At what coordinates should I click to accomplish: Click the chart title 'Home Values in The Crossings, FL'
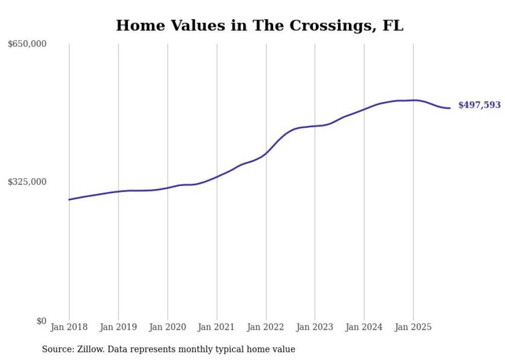tap(260, 25)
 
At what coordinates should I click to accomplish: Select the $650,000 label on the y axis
tap(27, 44)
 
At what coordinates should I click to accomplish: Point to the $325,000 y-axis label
tap(27, 182)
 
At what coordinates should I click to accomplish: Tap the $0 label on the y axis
tap(41, 321)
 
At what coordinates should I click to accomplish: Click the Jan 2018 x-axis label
tap(69, 327)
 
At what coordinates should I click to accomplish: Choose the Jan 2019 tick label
tap(119, 327)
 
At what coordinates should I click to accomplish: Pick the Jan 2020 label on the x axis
tap(167, 327)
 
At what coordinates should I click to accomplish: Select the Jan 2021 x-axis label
tap(217, 327)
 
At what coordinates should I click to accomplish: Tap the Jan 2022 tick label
tap(266, 327)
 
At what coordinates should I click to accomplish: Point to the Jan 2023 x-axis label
tap(315, 327)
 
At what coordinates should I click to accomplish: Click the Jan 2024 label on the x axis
tap(364, 327)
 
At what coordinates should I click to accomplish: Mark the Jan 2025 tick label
tap(413, 327)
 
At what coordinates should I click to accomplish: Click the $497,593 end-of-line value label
tap(479, 106)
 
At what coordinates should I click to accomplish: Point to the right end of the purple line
tap(450, 108)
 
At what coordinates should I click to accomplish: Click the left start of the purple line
tap(69, 199)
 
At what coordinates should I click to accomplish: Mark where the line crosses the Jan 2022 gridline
tap(266, 153)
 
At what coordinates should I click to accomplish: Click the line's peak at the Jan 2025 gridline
tap(413, 100)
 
